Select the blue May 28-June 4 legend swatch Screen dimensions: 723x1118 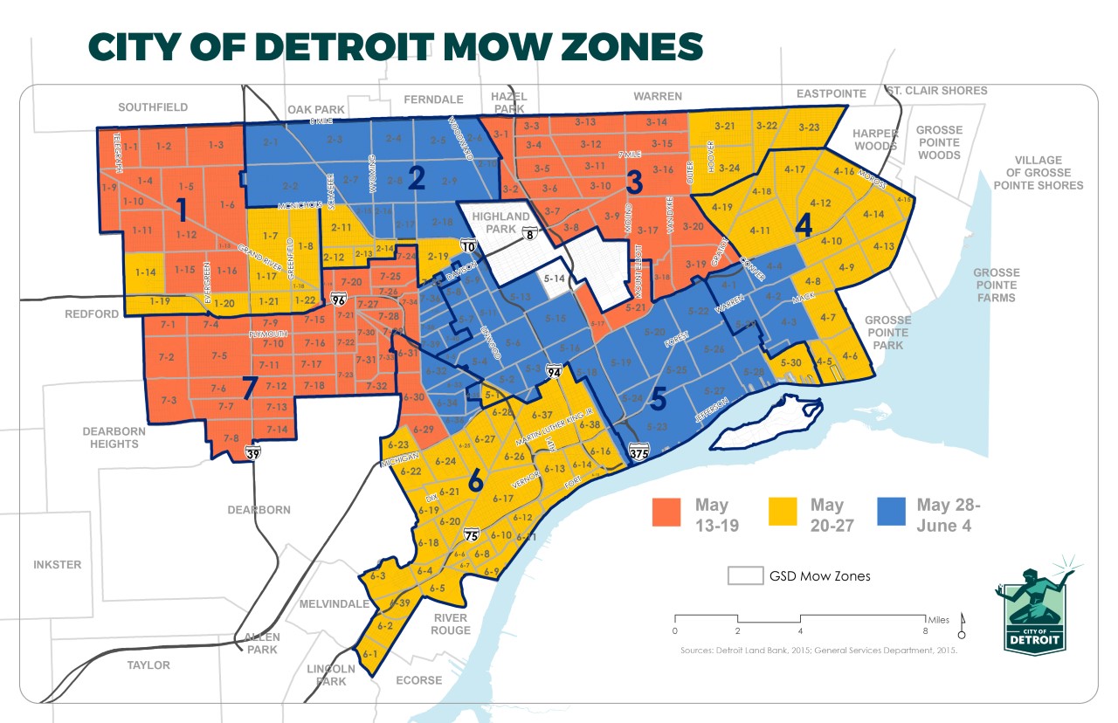(x=891, y=513)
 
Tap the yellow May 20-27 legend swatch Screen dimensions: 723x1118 (x=783, y=513)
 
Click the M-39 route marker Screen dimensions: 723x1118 (x=253, y=452)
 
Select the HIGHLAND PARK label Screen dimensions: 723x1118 (x=500, y=223)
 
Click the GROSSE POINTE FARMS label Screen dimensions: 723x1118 (x=997, y=285)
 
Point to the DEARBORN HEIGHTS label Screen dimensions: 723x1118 (x=111, y=437)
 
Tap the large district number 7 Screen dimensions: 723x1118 (x=250, y=385)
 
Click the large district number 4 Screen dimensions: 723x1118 (x=804, y=223)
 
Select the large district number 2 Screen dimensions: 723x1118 (x=417, y=177)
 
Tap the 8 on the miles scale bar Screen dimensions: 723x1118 (x=926, y=630)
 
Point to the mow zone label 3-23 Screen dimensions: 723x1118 (x=808, y=127)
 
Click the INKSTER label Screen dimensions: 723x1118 (x=57, y=565)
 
